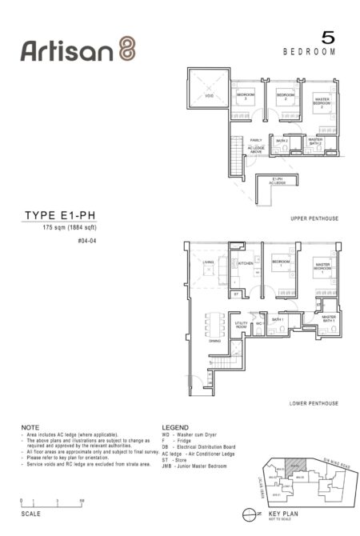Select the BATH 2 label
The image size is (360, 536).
[x=282, y=140]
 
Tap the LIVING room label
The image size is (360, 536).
[x=208, y=262]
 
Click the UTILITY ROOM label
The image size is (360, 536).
[x=241, y=325]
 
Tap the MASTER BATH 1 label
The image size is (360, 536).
[x=329, y=318]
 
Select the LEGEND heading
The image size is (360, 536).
[x=176, y=428]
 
